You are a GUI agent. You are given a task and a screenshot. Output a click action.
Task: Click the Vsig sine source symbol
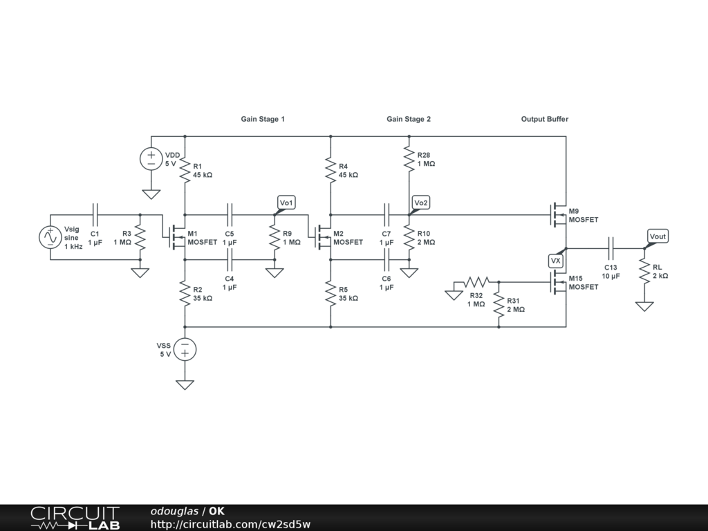[50, 238]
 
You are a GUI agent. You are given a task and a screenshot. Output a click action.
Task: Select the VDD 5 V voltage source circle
[151, 159]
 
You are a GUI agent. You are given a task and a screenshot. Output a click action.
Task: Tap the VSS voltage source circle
[185, 349]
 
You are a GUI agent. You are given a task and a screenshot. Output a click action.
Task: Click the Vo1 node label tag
[286, 203]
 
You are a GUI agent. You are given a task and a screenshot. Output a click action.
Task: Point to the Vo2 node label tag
[421, 203]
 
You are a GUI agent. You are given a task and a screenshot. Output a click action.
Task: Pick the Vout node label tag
[658, 236]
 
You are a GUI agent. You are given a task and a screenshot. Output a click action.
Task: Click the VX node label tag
[556, 261]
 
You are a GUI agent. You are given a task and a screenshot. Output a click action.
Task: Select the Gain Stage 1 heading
[263, 119]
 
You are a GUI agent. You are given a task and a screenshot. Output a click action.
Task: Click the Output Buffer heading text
[545, 119]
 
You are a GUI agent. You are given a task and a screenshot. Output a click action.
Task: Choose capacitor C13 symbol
[611, 248]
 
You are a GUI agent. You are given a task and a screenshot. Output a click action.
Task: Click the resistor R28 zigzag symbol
[409, 159]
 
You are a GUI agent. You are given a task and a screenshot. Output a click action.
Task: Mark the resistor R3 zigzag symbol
[140, 238]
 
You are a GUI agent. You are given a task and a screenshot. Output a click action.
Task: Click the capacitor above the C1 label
[95, 215]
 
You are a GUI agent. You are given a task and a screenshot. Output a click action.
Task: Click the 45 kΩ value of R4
[348, 175]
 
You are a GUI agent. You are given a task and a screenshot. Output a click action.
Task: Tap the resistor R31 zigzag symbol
[499, 305]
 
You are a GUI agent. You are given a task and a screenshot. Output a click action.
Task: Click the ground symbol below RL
[644, 306]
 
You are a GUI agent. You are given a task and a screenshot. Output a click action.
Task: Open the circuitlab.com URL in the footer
[230, 524]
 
